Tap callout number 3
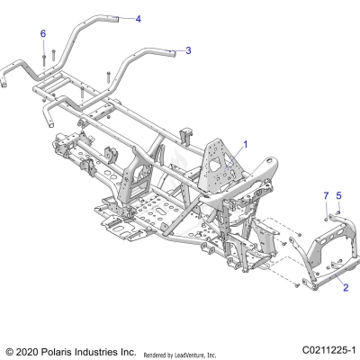coord(187,51)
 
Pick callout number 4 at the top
coord(138,18)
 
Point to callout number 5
coord(338,195)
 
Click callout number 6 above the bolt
coord(42,33)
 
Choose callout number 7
coord(326,195)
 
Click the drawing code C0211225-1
coord(328,349)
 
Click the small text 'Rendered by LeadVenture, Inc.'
coord(186,353)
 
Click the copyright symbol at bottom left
coord(10,350)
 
